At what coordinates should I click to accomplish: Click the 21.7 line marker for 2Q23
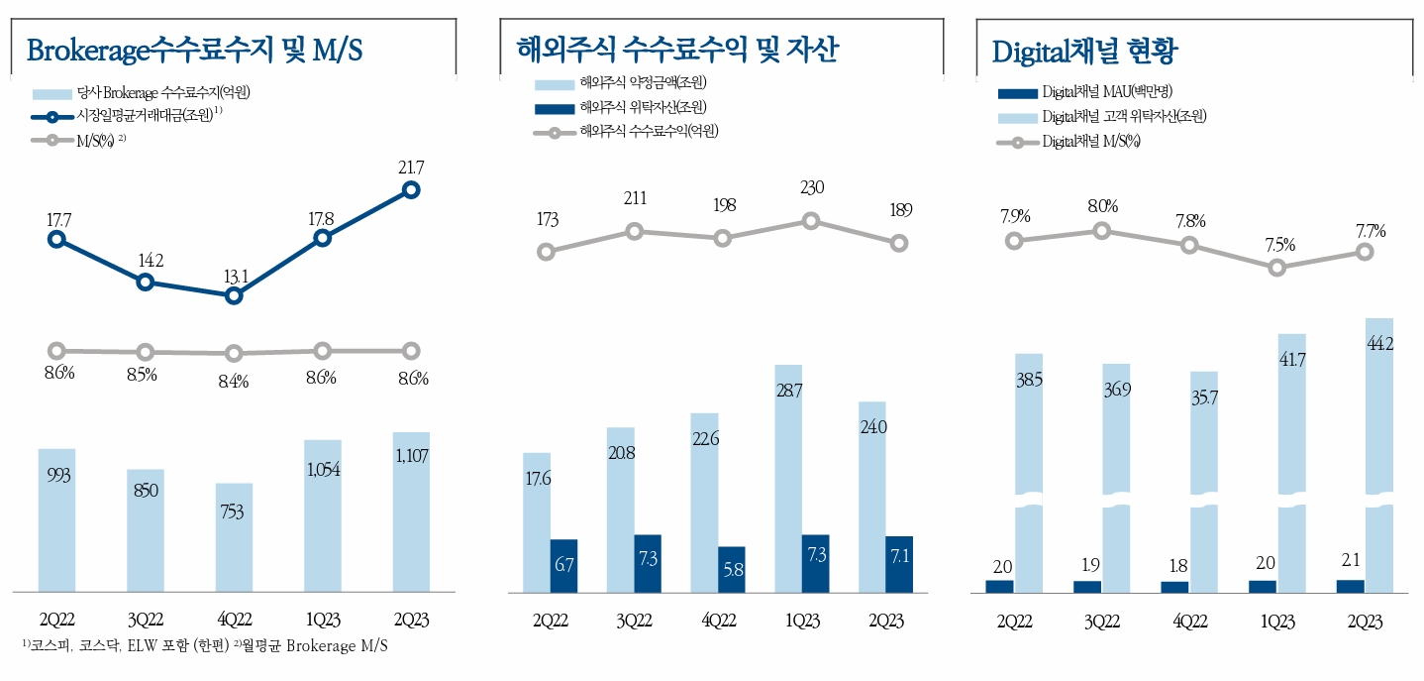coord(411,189)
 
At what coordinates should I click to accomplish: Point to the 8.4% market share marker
coord(234,353)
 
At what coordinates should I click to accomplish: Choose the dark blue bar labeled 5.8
coord(732,569)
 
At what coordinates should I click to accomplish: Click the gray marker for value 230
coord(810,221)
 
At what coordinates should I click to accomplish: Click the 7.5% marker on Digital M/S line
coord(1277,268)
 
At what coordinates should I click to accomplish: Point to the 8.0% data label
coord(1101,206)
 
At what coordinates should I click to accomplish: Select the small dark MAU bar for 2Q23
coord(1349,586)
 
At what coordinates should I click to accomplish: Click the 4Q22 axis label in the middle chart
coord(718,621)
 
